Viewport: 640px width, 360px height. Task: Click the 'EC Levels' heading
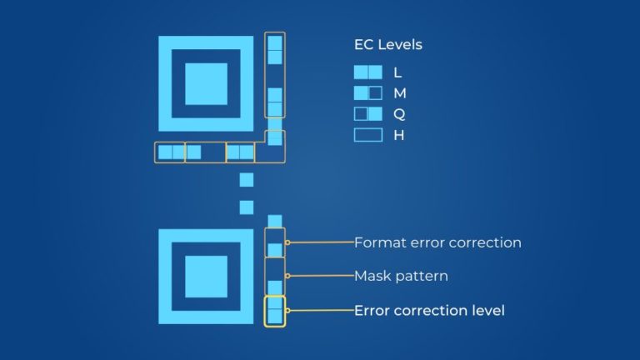click(388, 45)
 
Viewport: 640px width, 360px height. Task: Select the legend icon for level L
click(367, 72)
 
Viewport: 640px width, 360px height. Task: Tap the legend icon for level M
click(367, 93)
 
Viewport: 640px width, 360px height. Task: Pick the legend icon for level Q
click(367, 113)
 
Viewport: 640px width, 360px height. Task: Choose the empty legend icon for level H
click(367, 134)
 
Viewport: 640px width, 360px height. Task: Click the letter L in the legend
click(397, 72)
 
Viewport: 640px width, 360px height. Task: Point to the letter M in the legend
click(400, 93)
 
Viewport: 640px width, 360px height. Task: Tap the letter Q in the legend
click(399, 113)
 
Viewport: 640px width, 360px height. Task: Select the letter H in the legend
click(399, 134)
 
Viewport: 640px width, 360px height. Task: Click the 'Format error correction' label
click(437, 242)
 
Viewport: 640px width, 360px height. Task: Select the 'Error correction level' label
click(429, 310)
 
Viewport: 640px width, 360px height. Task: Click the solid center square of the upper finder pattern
click(206, 83)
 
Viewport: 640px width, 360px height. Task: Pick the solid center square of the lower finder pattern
click(206, 277)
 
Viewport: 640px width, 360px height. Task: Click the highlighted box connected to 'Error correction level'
click(275, 311)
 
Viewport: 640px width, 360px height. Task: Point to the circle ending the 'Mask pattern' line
click(287, 275)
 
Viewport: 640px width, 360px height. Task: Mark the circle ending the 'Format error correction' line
click(287, 242)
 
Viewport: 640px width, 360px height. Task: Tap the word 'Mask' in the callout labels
click(372, 275)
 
